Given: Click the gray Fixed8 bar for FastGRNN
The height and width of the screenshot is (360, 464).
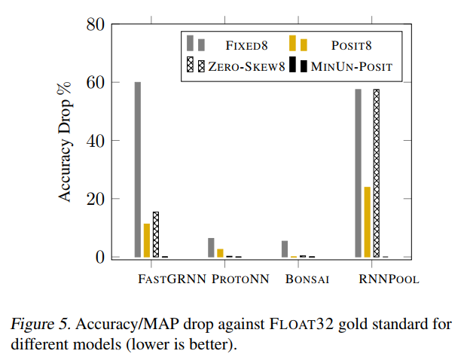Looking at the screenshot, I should pyautogui.click(x=138, y=169).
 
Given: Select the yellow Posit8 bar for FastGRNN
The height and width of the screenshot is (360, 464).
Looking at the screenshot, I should pyautogui.click(x=147, y=240).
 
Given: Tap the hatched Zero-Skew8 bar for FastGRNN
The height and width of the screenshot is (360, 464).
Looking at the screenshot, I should pyautogui.click(x=156, y=234).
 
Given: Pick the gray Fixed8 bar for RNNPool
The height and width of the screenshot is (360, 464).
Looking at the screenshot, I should pyautogui.click(x=358, y=173).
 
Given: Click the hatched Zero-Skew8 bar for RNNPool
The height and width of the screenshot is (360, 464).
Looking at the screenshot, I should pyautogui.click(x=376, y=173).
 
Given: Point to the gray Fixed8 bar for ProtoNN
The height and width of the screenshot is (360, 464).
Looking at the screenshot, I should pyautogui.click(x=211, y=248).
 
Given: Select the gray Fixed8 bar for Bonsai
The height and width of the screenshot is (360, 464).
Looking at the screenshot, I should pyautogui.click(x=285, y=249).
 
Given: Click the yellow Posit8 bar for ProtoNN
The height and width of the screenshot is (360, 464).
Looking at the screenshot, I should pyautogui.click(x=220, y=253).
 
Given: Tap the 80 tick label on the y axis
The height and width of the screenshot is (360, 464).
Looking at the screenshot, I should pyautogui.click(x=94, y=24).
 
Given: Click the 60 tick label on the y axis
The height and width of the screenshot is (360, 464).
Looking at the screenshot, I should pyautogui.click(x=94, y=82).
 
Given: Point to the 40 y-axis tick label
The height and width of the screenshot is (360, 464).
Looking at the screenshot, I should pyautogui.click(x=94, y=141).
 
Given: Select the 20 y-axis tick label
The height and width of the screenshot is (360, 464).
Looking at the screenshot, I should pyautogui.click(x=94, y=199).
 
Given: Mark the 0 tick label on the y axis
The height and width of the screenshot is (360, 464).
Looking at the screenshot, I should pyautogui.click(x=99, y=258).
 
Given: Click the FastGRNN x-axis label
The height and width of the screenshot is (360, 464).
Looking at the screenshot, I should pyautogui.click(x=172, y=279).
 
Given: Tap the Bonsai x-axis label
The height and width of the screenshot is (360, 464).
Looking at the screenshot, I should pyautogui.click(x=307, y=279).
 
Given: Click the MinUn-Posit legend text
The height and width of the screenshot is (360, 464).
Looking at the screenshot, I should pyautogui.click(x=352, y=67).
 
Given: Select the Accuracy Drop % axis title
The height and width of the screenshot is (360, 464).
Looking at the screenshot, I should pyautogui.click(x=66, y=141).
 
